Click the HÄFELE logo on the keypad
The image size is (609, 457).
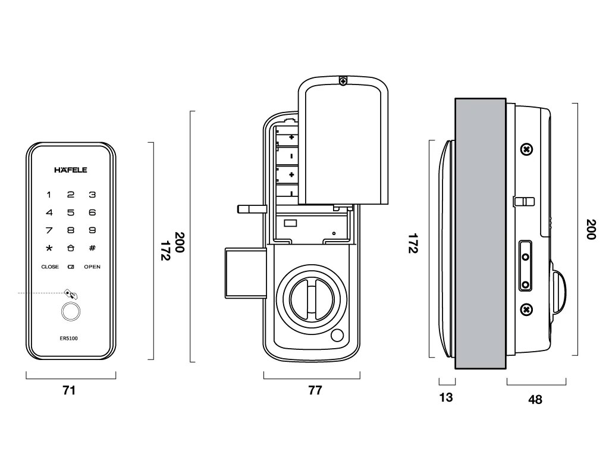click(x=71, y=170)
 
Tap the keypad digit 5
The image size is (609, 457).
click(x=71, y=212)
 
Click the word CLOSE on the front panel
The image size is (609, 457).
click(x=50, y=267)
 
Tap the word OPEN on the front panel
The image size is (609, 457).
click(x=92, y=267)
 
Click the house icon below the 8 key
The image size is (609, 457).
click(x=71, y=248)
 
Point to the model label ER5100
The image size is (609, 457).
click(x=71, y=338)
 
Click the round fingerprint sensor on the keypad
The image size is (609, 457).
click(x=71, y=312)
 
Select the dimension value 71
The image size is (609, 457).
click(x=70, y=390)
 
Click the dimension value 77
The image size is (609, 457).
click(x=315, y=390)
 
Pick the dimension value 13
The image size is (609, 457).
click(x=445, y=397)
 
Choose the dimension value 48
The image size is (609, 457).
click(x=535, y=400)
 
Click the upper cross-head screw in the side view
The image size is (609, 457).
click(x=526, y=149)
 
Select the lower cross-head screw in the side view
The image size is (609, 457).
click(x=526, y=309)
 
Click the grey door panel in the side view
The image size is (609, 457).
click(x=480, y=233)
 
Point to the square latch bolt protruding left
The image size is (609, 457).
click(x=242, y=273)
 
